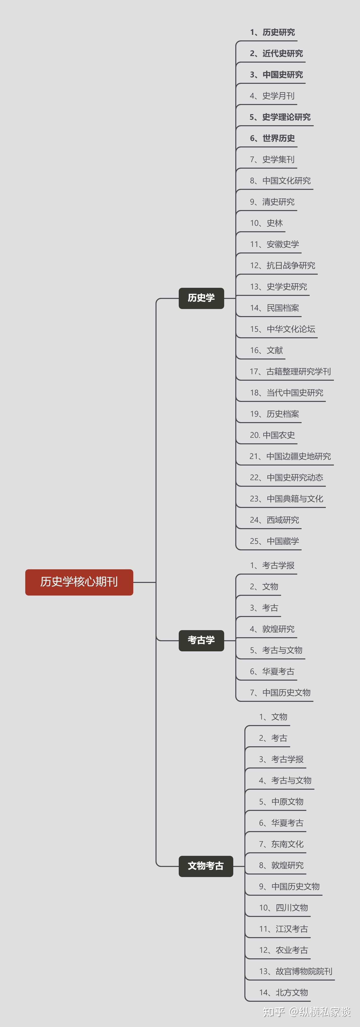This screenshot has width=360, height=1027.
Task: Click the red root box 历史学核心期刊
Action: tap(79, 582)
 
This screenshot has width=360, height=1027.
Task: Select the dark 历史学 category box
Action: tap(201, 298)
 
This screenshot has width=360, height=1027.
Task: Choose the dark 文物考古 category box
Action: tap(206, 866)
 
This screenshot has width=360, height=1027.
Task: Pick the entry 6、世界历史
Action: tap(272, 138)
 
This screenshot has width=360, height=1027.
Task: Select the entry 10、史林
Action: tap(266, 223)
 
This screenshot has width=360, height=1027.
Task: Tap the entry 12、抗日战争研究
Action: tap(283, 266)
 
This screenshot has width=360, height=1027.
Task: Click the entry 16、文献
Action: tap(266, 350)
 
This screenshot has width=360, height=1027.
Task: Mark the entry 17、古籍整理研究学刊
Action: tap(290, 372)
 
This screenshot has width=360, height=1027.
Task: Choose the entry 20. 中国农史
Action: tap(272, 435)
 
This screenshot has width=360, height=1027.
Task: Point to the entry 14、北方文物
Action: tap(284, 993)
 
